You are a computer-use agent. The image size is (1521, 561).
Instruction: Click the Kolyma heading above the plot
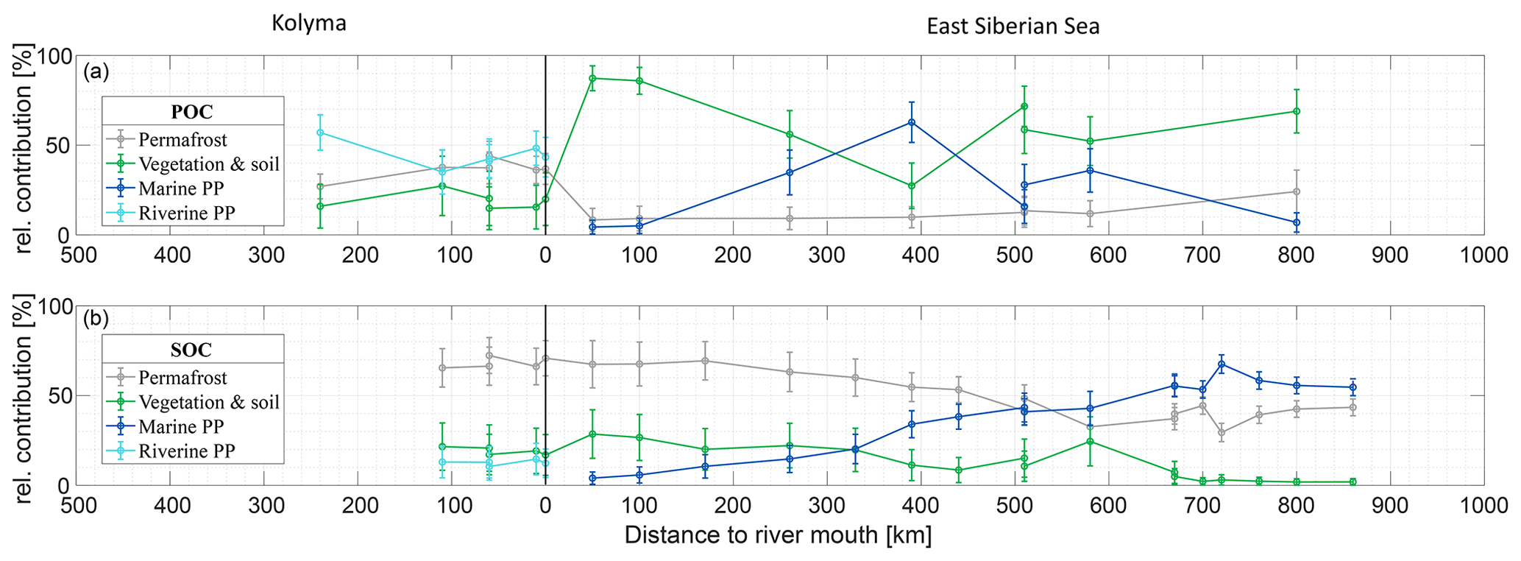(x=308, y=24)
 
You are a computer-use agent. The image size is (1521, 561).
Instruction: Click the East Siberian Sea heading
(x=1013, y=27)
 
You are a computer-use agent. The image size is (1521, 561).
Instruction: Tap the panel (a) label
(x=96, y=71)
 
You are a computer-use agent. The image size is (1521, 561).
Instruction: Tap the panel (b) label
(x=96, y=319)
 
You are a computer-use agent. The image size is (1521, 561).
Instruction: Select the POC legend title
(x=192, y=111)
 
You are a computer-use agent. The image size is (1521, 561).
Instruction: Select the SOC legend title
(x=192, y=349)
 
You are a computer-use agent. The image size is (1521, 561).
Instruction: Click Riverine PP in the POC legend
(x=187, y=214)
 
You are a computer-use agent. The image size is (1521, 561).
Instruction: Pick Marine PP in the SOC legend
(x=181, y=427)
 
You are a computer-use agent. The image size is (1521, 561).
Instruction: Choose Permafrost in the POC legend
(x=182, y=140)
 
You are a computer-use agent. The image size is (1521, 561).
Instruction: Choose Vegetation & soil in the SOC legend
(x=209, y=402)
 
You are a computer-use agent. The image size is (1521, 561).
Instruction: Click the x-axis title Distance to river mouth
(x=778, y=535)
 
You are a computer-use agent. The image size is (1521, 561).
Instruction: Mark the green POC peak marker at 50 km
(x=592, y=78)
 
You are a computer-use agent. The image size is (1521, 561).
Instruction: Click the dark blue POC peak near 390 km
(x=912, y=122)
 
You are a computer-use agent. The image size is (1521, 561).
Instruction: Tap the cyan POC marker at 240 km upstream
(x=320, y=133)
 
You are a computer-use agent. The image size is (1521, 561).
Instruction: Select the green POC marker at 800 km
(x=1297, y=111)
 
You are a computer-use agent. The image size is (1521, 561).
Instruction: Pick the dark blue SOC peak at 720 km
(x=1222, y=364)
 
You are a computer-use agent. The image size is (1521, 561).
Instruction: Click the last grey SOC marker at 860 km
(x=1352, y=407)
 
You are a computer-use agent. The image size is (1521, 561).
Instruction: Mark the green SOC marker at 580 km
(x=1090, y=441)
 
